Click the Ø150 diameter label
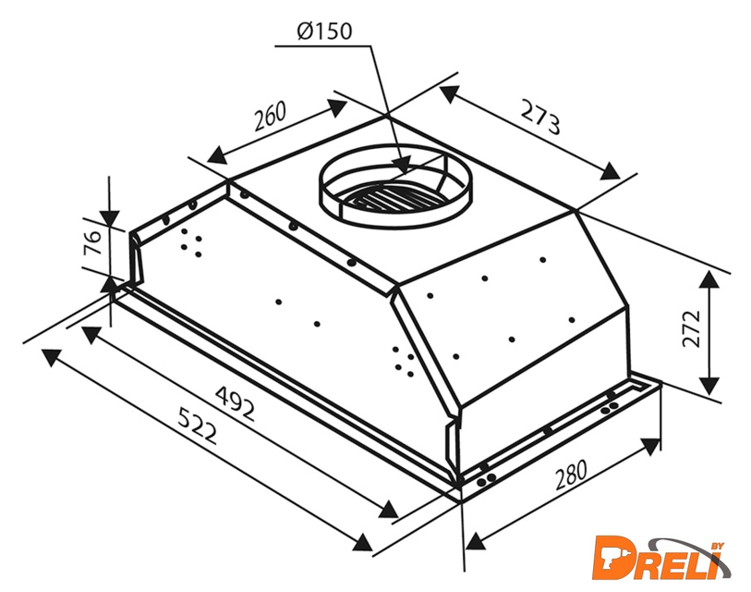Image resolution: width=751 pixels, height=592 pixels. click(324, 31)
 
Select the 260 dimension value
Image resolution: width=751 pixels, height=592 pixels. click(270, 116)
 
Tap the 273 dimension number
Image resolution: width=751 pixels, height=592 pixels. click(539, 117)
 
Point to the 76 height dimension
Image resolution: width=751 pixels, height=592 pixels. click(92, 243)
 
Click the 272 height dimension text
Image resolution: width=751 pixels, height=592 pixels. click(691, 328)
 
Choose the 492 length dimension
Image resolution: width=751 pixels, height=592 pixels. click(235, 403)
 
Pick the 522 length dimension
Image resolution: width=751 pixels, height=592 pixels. click(198, 425)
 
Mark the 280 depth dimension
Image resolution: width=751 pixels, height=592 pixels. click(571, 475)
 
